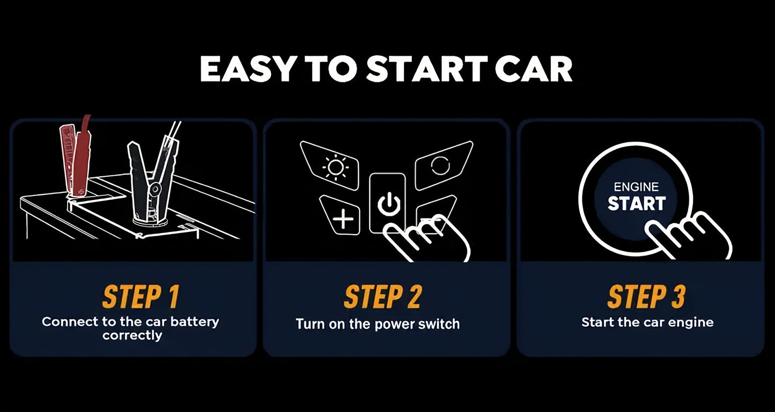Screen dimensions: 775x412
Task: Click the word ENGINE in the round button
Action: click(x=636, y=187)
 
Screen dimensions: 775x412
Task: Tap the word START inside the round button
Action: click(x=637, y=203)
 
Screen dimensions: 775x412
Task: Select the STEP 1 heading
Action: click(x=141, y=296)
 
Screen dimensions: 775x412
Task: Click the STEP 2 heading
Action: click(x=382, y=296)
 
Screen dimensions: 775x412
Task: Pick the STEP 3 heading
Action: click(x=646, y=296)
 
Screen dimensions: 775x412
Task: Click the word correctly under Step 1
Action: click(x=132, y=336)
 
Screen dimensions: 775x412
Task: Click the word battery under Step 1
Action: click(x=195, y=322)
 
